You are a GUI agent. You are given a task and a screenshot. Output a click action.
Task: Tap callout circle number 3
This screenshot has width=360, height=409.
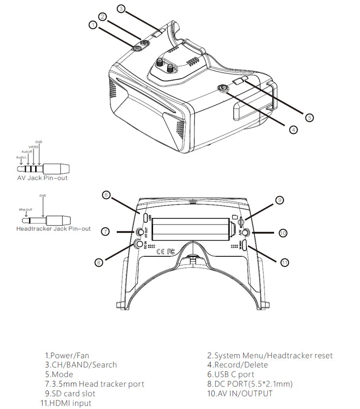(121, 8)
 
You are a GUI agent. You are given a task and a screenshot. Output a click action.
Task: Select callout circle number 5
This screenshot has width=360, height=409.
(309, 117)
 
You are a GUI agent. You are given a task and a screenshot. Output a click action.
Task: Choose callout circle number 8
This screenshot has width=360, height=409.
(99, 262)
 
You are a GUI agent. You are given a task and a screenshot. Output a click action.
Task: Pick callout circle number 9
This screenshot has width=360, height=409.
(280, 200)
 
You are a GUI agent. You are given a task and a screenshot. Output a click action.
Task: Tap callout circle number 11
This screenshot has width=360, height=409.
(284, 262)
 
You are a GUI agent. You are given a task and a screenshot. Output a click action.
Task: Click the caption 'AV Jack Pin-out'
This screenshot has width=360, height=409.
(42, 178)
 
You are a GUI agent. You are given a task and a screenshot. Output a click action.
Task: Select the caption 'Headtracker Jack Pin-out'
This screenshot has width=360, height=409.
(53, 229)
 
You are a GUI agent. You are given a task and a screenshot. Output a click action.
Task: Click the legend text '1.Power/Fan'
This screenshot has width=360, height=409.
(67, 356)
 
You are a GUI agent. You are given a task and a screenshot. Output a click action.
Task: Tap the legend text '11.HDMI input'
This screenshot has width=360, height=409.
(66, 403)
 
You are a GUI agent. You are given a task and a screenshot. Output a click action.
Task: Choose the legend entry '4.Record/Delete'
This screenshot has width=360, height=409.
(238, 365)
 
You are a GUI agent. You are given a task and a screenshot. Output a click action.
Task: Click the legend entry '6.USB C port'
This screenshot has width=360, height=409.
(231, 374)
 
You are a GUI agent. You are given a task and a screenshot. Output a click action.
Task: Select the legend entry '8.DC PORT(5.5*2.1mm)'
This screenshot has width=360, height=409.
(250, 384)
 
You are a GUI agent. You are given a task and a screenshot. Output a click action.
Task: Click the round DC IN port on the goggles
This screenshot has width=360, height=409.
(140, 244)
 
